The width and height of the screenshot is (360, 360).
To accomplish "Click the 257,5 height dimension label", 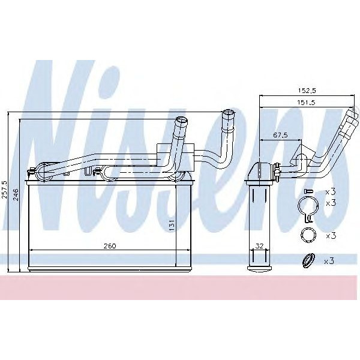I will [5, 189].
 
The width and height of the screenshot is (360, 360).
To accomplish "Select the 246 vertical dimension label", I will [16, 195].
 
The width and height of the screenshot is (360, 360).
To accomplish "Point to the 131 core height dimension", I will [171, 225].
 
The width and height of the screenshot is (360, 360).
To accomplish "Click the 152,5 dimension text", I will [307, 90].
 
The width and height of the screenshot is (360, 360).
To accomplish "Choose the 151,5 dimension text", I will [307, 103].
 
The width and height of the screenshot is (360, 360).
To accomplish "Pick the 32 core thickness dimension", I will [260, 246].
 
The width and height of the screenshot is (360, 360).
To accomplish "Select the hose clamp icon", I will [308, 208].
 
